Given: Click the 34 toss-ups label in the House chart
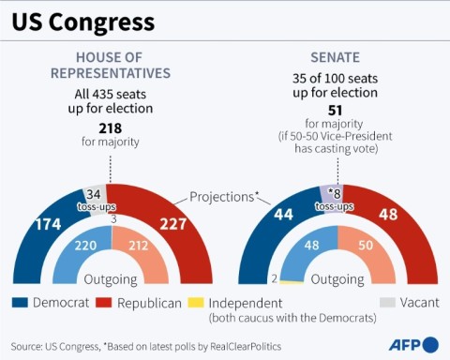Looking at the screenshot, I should click(x=95, y=199).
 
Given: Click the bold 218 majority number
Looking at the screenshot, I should click(x=112, y=128).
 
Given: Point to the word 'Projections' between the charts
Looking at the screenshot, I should click(x=223, y=197).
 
